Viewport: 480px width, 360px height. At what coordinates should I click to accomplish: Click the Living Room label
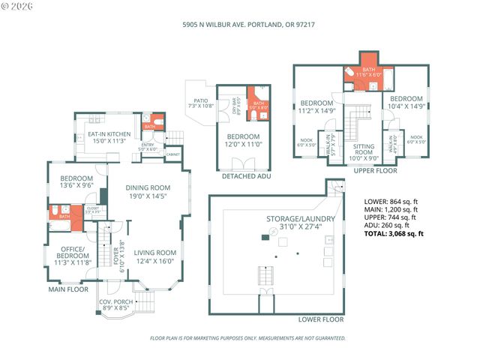point(155,256)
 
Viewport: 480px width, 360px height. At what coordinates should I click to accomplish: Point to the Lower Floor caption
point(321,319)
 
